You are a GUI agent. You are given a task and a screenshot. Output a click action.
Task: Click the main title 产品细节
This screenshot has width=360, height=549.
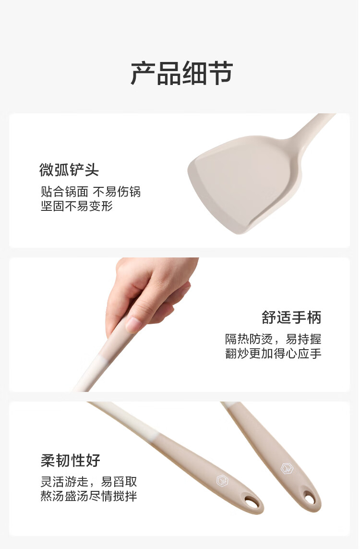tap(181, 73)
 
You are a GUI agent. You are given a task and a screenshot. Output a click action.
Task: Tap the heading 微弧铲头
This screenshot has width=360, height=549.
tap(69, 170)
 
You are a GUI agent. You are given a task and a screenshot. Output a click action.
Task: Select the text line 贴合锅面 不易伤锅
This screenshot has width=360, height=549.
tap(91, 192)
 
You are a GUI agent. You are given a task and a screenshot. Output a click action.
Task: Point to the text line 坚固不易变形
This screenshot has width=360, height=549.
tap(77, 206)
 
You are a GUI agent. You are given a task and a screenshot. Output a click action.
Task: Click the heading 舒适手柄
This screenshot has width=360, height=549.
tap(291, 317)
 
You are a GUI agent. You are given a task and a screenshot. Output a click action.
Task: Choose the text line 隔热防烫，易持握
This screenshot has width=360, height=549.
tap(273, 339)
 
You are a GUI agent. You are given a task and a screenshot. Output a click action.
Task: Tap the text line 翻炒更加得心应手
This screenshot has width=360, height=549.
tap(273, 354)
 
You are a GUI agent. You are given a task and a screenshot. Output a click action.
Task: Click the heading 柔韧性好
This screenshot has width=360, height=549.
tap(71, 461)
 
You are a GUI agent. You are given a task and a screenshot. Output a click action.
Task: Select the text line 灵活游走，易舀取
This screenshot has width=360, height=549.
tap(88, 482)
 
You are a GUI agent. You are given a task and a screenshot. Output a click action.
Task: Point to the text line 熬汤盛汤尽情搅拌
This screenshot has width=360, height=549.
tap(88, 496)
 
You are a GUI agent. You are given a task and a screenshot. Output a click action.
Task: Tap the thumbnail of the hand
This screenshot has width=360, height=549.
tap(133, 325)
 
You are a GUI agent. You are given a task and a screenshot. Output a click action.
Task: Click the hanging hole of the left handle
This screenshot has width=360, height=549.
tap(251, 502)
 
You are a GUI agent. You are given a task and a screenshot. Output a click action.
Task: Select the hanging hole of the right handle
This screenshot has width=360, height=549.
tap(310, 498)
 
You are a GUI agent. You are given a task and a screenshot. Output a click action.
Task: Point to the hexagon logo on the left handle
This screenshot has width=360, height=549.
tap(222, 480)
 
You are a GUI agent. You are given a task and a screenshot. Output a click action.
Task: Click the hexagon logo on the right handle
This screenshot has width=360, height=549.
tap(287, 469)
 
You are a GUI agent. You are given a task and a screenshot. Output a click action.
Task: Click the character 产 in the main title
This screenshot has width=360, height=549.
tap(143, 73)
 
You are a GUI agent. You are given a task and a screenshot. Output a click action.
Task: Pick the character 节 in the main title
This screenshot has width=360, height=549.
tap(221, 73)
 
